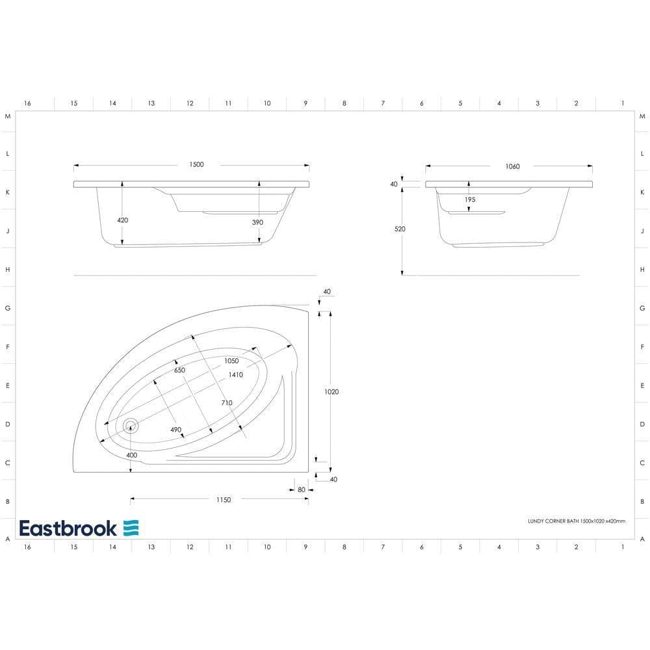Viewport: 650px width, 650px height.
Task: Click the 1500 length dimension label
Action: pos(196,164)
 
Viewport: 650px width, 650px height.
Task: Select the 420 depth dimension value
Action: pos(122,220)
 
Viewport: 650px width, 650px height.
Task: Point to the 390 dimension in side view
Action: pos(258,222)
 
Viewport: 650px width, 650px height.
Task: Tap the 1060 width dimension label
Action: pos(512,166)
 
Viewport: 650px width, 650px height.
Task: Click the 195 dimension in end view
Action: pos(469,200)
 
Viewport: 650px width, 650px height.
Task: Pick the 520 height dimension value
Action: pos(400,229)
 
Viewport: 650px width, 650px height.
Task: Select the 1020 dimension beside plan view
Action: pos(331,392)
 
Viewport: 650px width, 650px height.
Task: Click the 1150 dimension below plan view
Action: pos(223,499)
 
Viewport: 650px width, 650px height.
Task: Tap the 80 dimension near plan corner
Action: pos(302,489)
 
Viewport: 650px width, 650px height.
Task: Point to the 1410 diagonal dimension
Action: pos(235,375)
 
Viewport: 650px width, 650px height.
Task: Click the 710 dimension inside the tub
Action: pos(226,403)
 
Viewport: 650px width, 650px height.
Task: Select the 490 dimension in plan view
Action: pos(175,430)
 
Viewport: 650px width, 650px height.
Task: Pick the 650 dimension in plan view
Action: pos(180,370)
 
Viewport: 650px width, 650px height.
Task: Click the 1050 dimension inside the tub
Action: pos(231,361)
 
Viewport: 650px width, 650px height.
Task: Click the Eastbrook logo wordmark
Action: pos(68,528)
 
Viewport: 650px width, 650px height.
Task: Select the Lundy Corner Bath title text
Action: pos(576,521)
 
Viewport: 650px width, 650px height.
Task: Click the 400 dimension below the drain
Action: pos(132,455)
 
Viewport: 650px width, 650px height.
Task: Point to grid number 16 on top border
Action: pos(27,103)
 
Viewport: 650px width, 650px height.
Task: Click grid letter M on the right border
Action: pos(642,116)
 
